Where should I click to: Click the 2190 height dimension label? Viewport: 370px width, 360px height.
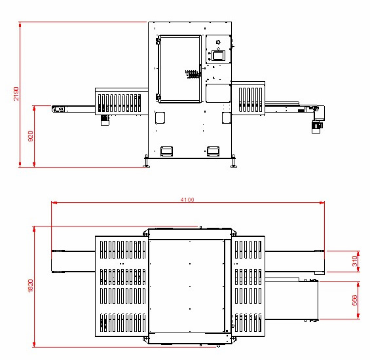point(16,94)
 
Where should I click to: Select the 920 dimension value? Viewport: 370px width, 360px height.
point(31,136)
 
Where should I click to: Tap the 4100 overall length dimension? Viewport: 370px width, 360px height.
point(187,200)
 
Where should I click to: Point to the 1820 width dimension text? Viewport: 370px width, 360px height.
point(30,286)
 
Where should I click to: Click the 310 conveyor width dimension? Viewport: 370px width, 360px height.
point(355,261)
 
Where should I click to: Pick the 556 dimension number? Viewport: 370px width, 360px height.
point(355,300)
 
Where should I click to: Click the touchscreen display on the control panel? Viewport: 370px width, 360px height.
point(218,56)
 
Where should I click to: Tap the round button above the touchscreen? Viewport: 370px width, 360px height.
point(218,43)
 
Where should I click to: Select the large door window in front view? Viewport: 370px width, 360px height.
point(180,69)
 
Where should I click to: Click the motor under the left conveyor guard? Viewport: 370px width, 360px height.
point(105,120)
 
